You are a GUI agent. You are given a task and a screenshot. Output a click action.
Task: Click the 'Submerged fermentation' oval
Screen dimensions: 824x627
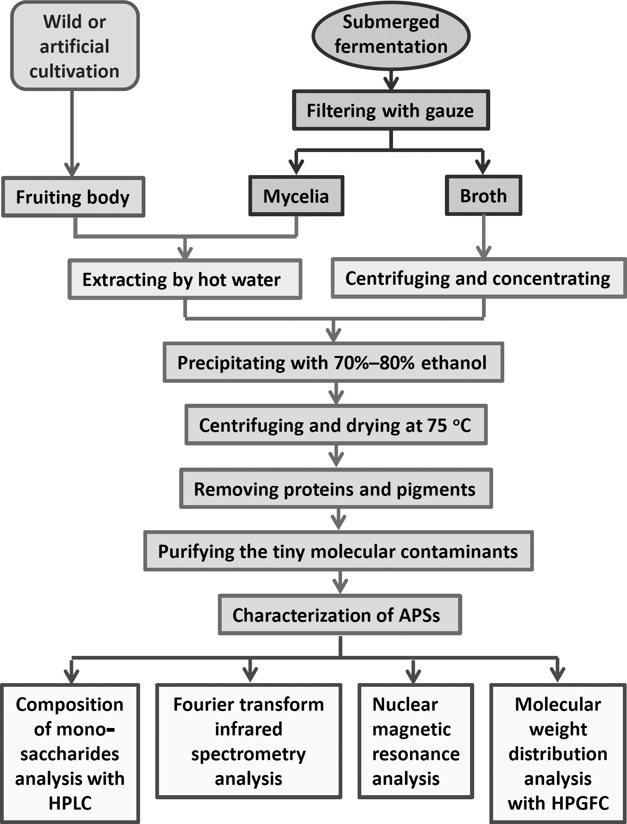point(391,35)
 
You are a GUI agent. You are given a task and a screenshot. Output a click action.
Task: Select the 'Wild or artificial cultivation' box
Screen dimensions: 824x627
point(75,46)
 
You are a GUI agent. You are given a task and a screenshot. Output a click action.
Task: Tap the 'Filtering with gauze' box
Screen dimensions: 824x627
point(391,110)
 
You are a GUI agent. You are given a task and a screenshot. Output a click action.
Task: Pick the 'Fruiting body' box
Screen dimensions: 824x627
point(73,197)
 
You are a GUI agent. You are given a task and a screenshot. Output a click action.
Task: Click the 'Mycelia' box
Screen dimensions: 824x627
point(296,196)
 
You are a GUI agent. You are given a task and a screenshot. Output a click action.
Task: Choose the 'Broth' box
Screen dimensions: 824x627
point(483,196)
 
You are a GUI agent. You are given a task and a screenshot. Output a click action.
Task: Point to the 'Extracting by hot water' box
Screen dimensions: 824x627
point(185,279)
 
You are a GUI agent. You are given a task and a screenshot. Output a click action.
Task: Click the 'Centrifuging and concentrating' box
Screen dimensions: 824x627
point(478,278)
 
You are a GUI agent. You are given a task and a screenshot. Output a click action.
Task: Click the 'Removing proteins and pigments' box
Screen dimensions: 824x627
point(336,489)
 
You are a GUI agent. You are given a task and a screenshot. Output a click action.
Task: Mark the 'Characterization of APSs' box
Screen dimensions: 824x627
point(339,615)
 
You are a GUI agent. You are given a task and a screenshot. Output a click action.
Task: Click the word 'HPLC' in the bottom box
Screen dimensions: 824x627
point(70,803)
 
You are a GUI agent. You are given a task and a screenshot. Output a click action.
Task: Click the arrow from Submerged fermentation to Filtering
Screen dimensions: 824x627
point(391,81)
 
